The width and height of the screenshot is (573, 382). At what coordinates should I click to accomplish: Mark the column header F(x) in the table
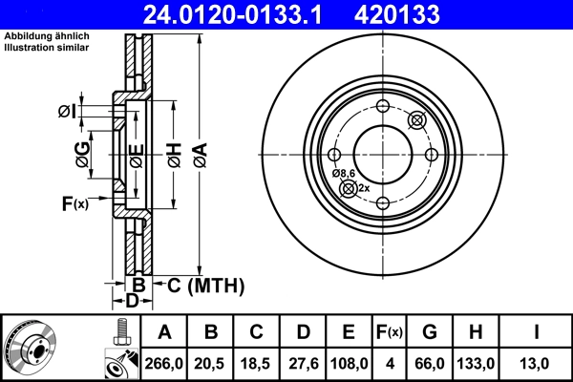(389, 332)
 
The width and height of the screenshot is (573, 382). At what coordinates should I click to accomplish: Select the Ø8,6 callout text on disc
(343, 173)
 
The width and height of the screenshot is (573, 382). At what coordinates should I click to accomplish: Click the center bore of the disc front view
(382, 153)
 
